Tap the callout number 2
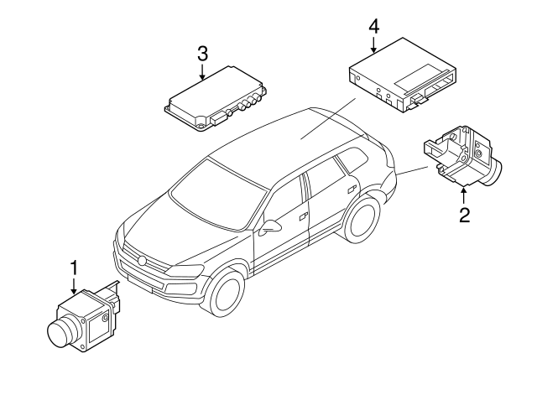click(x=463, y=214)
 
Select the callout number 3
click(x=202, y=54)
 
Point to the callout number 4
click(x=373, y=26)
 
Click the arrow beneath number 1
click(x=74, y=288)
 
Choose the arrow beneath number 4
click(x=373, y=46)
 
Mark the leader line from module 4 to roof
click(x=327, y=117)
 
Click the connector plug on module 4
click(x=416, y=101)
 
